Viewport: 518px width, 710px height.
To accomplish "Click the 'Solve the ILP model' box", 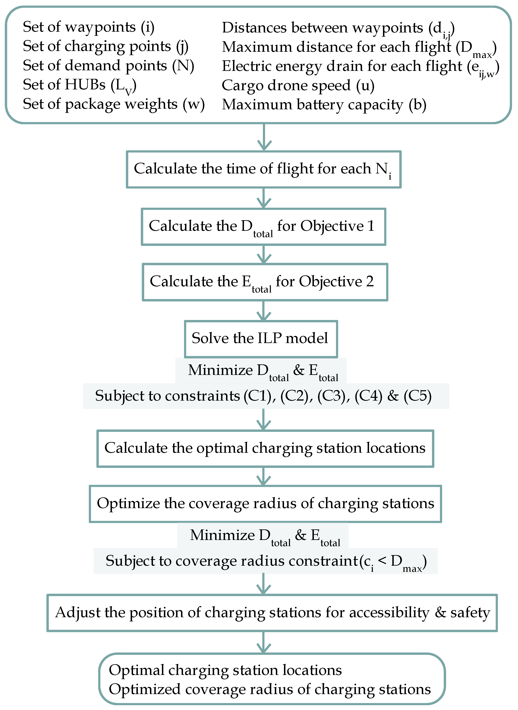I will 260,338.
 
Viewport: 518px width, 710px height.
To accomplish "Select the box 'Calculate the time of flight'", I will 263,169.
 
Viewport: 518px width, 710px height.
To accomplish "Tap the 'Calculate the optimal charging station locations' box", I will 265,448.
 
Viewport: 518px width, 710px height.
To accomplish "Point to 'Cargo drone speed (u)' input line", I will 298,85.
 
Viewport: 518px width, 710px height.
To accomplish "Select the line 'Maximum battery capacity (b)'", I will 324,105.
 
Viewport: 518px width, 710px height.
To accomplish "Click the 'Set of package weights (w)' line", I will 114,104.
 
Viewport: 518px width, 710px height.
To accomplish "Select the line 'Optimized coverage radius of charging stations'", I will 270,689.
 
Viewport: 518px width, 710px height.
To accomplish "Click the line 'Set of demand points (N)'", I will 108,66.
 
